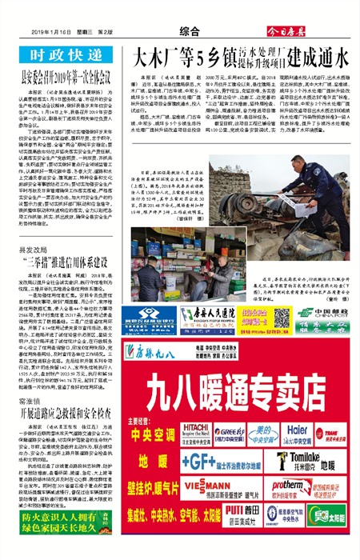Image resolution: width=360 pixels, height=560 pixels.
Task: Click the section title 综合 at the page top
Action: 189,31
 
